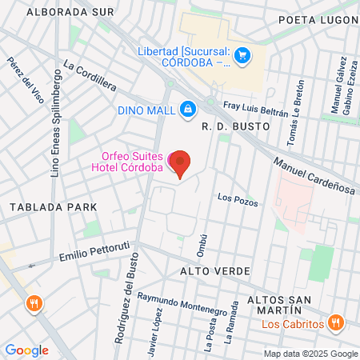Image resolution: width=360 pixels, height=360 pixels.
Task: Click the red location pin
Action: coord(181,163)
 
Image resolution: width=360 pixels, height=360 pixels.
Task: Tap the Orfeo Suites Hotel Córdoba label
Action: coord(133,162)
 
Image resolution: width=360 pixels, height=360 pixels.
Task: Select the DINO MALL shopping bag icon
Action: coord(187,107)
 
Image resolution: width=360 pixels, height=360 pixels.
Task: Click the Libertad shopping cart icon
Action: coord(243,55)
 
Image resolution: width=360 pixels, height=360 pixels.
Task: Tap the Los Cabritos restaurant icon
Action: coord(337,324)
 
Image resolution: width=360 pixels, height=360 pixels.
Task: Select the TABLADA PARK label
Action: coord(53,207)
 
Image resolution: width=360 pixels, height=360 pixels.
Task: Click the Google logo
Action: coord(26,350)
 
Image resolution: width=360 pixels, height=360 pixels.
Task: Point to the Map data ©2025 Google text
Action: coord(310,354)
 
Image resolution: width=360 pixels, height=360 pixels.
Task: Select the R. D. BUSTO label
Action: coord(234,126)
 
